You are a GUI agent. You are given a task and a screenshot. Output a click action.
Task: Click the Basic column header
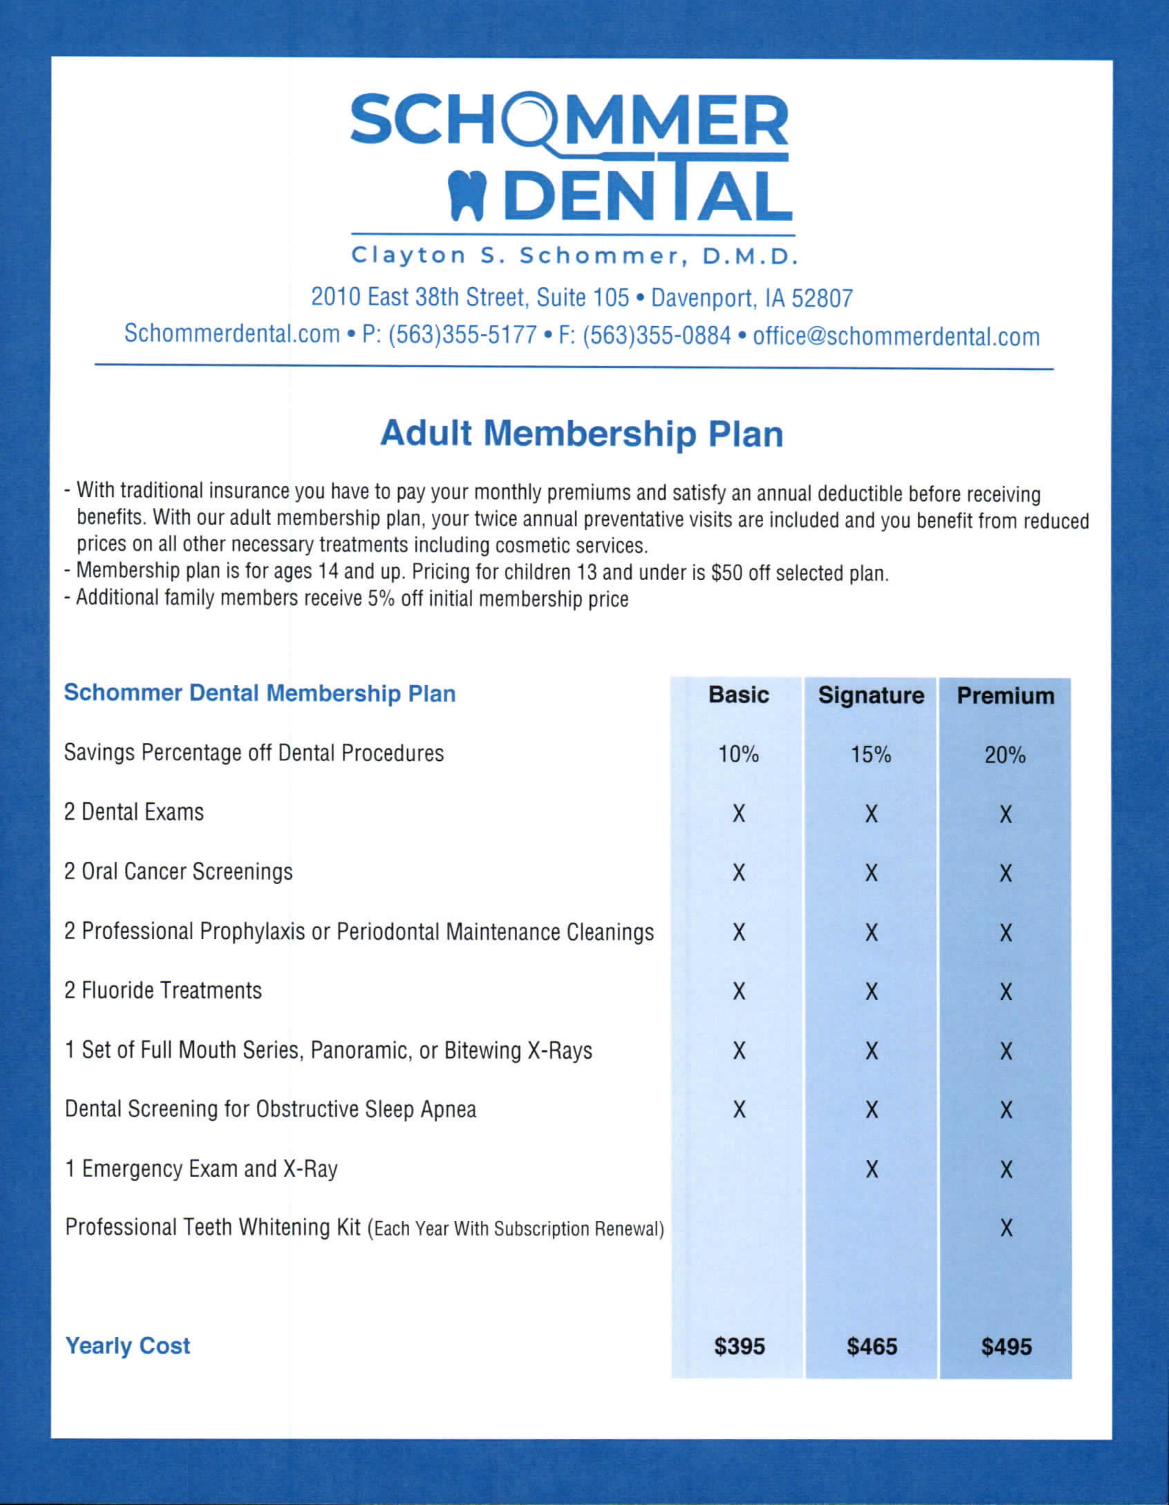point(739,694)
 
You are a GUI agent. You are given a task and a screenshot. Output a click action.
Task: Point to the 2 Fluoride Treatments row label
point(163,990)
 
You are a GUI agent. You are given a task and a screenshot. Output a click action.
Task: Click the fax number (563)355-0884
point(656,335)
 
